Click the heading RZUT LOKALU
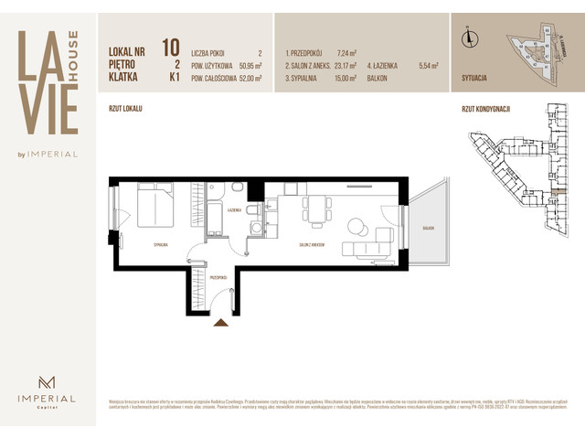click(x=125, y=107)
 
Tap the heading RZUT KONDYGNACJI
click(x=485, y=107)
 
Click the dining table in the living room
click(x=315, y=209)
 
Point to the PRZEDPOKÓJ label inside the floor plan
click(x=218, y=275)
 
